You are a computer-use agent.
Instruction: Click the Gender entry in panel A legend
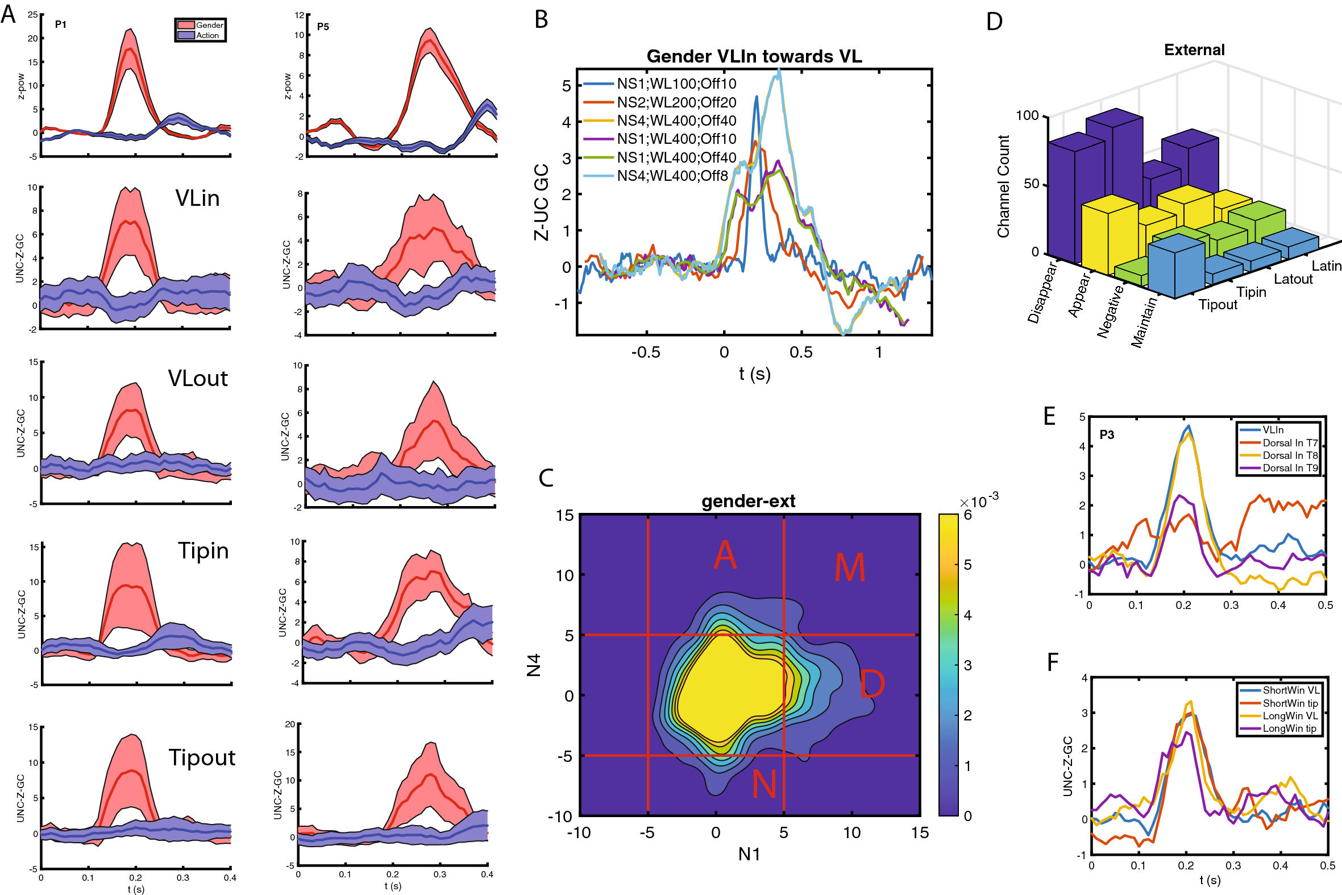[x=209, y=25]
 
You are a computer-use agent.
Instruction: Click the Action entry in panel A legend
[x=207, y=35]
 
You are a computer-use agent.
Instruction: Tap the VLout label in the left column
[x=197, y=379]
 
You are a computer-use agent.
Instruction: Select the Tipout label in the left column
[x=201, y=757]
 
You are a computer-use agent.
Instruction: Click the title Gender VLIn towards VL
[x=754, y=56]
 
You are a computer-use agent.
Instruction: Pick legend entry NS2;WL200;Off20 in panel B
[x=676, y=102]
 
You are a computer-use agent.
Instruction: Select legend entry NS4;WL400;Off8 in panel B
[x=672, y=176]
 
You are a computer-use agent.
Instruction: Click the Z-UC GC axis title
[x=541, y=202]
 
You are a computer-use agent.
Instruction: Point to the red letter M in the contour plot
[x=850, y=567]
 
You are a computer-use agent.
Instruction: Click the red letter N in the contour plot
[x=764, y=784]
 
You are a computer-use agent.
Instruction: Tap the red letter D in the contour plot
[x=872, y=684]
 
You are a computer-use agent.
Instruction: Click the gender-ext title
[x=748, y=501]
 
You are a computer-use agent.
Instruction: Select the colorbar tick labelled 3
[x=967, y=665]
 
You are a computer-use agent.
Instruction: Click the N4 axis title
[x=533, y=665]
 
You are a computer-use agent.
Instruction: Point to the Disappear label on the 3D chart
[x=1042, y=292]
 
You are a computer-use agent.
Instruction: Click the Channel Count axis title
[x=1003, y=186]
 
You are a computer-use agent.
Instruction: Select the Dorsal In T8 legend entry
[x=1290, y=455]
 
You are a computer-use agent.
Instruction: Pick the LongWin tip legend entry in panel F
[x=1289, y=728]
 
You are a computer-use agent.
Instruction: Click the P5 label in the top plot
[x=323, y=26]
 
